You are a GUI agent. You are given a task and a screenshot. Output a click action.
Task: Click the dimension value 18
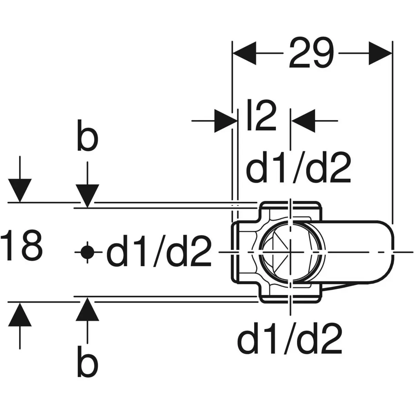click(x=21, y=245)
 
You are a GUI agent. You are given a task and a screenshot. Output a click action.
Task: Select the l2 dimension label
click(x=262, y=115)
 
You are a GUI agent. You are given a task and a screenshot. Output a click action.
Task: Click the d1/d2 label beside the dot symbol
click(x=159, y=251)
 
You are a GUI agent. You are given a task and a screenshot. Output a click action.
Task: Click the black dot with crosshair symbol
click(x=87, y=252)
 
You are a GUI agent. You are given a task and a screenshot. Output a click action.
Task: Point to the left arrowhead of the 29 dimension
click(x=245, y=53)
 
